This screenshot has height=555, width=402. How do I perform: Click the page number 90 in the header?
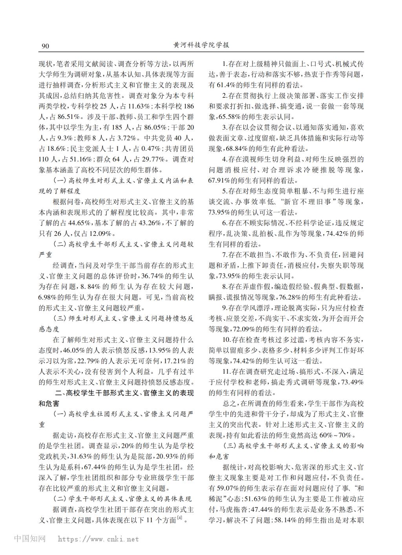tap(45, 46)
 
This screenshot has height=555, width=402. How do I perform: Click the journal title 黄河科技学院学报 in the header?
tap(201, 45)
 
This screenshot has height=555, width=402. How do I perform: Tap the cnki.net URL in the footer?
tap(98, 539)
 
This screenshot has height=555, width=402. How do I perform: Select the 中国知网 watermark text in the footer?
tap(30, 539)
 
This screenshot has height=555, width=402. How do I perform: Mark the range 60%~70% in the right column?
tap(336, 435)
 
